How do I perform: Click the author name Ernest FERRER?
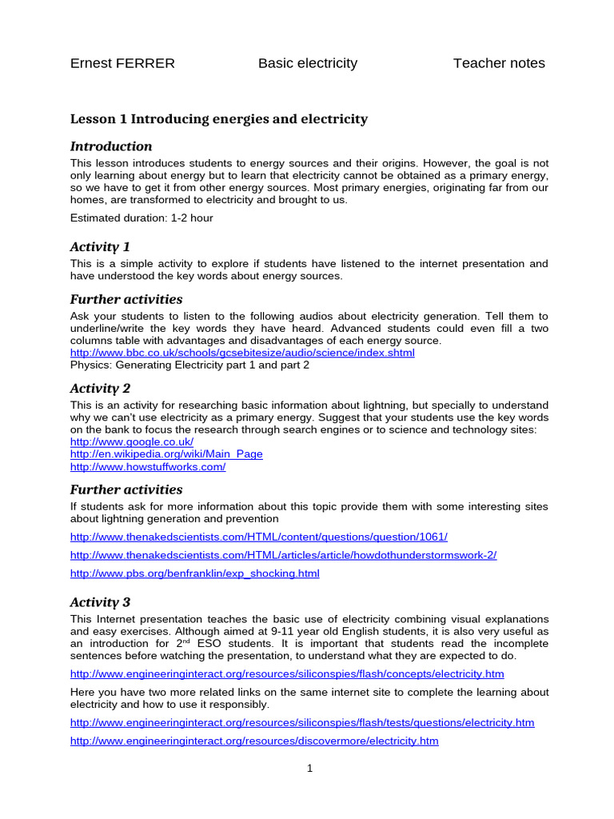(122, 63)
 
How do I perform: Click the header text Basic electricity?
(308, 63)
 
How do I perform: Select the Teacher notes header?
(499, 63)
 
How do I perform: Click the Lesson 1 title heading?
(219, 119)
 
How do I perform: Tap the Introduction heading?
(111, 146)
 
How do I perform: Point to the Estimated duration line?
(142, 218)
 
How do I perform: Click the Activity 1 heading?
(100, 246)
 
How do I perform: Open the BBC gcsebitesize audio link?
(242, 353)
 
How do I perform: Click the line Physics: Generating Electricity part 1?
(189, 366)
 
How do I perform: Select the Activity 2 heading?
(100, 389)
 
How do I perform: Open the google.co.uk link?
(132, 441)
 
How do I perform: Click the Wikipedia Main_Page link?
(166, 454)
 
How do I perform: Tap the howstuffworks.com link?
(148, 467)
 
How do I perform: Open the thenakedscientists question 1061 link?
(259, 537)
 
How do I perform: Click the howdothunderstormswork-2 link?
(283, 555)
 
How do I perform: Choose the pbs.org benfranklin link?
(194, 573)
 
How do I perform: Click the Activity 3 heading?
(100, 602)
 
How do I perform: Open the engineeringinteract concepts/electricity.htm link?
(287, 674)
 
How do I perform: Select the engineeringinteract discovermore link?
(254, 741)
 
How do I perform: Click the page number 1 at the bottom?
(309, 769)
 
